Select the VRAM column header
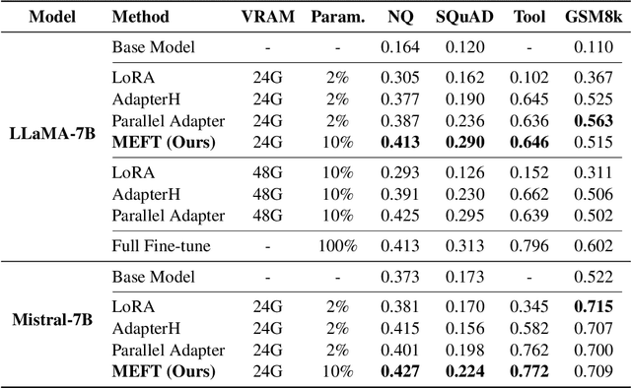(269, 18)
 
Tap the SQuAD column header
(462, 18)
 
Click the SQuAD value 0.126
(462, 172)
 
